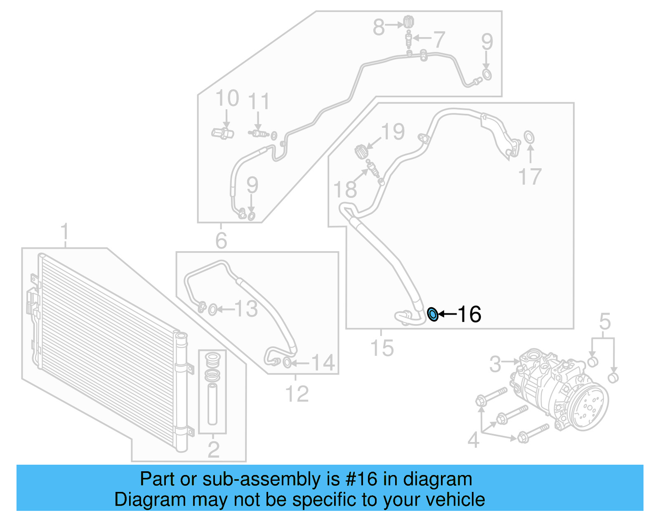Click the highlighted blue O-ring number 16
[x=432, y=315]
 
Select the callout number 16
[x=469, y=315]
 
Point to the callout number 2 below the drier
[x=213, y=449]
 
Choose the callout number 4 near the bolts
[x=474, y=440]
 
